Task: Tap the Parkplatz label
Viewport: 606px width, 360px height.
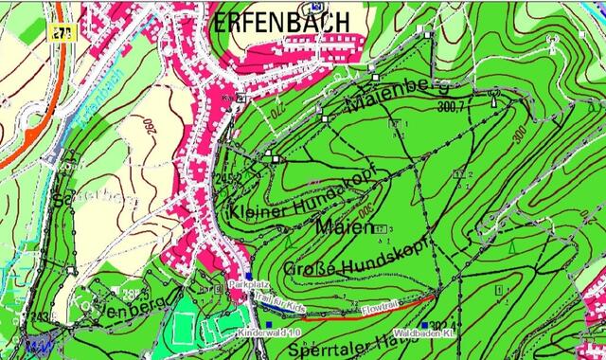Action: tap(249, 284)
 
